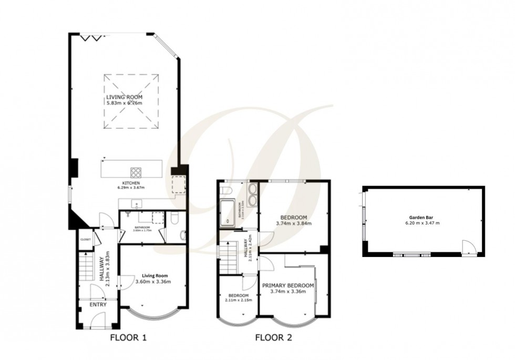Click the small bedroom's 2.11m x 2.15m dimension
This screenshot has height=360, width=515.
[x=239, y=300]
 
